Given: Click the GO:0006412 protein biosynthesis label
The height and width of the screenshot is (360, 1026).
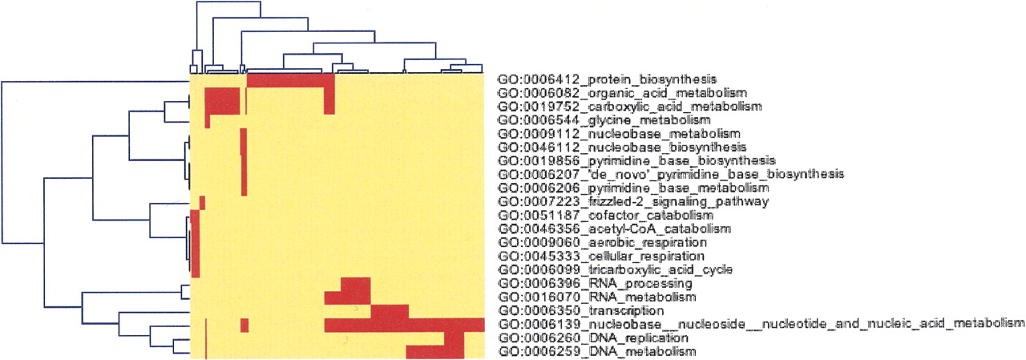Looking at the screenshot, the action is [x=607, y=79].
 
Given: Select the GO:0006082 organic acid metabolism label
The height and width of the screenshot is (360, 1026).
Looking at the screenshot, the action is [x=622, y=94].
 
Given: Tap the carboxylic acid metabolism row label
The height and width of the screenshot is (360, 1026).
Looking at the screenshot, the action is [x=629, y=107].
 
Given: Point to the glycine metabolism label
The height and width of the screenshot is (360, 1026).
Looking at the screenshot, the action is [x=604, y=120].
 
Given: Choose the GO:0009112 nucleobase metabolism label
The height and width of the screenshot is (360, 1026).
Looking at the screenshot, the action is [x=619, y=134].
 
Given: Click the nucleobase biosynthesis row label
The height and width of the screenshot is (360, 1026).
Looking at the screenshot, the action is [x=622, y=148].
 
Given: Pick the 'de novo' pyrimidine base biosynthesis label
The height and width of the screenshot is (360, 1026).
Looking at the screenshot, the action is [x=671, y=175].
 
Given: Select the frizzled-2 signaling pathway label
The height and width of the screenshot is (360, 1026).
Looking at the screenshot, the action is [x=633, y=201].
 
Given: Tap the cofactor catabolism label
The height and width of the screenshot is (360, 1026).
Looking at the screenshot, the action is [x=605, y=215].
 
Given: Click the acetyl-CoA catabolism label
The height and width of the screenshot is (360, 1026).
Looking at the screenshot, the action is [x=614, y=229].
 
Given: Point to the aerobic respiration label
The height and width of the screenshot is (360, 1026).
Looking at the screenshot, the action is [x=602, y=242].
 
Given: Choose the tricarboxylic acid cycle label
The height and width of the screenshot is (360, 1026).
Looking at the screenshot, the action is [x=615, y=269].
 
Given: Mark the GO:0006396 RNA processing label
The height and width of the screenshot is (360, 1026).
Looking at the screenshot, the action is [x=595, y=284].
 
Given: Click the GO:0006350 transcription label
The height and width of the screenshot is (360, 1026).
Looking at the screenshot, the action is [x=581, y=311].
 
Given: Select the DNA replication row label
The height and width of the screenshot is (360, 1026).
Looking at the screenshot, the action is [x=593, y=338].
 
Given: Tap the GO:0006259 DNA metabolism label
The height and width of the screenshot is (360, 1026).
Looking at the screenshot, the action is [x=597, y=352].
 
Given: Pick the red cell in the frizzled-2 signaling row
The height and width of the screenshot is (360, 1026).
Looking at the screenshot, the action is [x=203, y=202].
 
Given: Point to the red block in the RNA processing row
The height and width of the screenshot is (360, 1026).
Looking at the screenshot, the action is [x=356, y=284].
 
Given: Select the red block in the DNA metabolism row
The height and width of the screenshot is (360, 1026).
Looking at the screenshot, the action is [x=435, y=352].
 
